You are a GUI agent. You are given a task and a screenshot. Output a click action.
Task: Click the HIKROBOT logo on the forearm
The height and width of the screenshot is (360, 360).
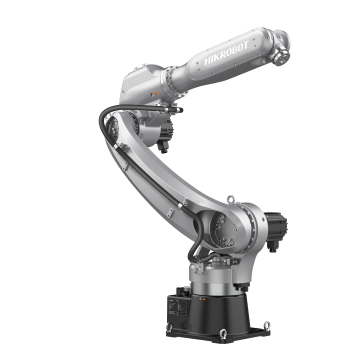(x=226, y=53)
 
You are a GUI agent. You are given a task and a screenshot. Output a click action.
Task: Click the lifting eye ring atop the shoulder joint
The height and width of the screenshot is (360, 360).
(x=230, y=199)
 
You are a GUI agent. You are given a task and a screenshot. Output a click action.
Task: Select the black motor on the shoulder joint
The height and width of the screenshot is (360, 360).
(x=275, y=230)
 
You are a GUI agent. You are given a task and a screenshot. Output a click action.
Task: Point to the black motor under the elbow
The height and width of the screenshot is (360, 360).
(x=165, y=135)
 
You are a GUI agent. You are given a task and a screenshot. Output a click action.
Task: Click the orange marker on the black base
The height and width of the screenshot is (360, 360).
(x=202, y=299)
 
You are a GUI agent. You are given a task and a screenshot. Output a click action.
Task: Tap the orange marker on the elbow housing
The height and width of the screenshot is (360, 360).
(x=155, y=94)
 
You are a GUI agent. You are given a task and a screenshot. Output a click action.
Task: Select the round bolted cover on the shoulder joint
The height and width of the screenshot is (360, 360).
(x=224, y=230)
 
